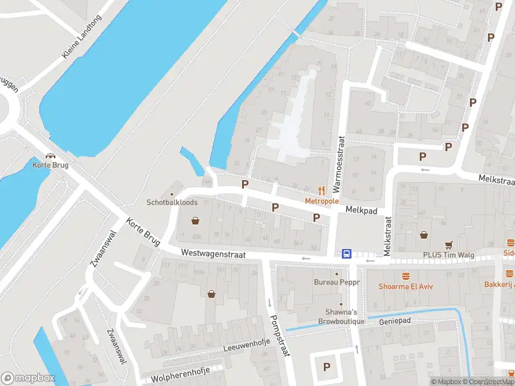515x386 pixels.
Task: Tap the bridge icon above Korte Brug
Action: point(50,155)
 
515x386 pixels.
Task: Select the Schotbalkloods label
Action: point(171,201)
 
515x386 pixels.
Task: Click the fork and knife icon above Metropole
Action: point(322,190)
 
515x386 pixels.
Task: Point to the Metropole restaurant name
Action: point(322,201)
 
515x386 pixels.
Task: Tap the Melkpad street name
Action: point(360,210)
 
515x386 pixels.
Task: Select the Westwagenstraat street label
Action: point(213,254)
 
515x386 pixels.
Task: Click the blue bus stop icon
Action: point(346,254)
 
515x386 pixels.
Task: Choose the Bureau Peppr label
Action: point(335,282)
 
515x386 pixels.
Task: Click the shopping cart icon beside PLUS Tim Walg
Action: point(449,244)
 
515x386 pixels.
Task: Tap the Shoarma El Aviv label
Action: point(404,287)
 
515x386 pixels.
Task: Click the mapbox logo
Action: point(28,378)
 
